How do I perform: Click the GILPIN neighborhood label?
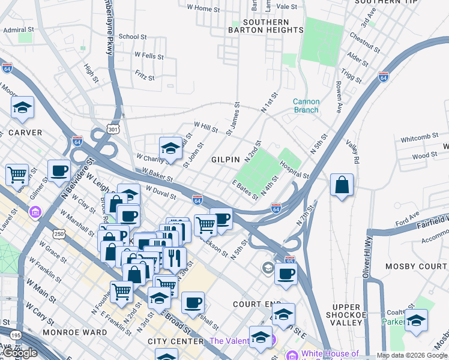coord(226,160)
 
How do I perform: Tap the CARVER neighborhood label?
coord(25,133)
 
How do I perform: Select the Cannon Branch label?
coord(306,106)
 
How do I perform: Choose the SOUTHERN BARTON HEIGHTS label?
coord(266,26)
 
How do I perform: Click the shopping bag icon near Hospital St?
coord(342,185)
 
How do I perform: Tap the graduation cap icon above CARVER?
coord(22,108)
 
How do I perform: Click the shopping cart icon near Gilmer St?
coord(17,175)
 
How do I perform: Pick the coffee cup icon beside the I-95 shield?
coord(286,274)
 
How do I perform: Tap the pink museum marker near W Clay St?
coord(35,212)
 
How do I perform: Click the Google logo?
coord(20,353)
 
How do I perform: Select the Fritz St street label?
coord(145,76)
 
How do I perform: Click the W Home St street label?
coord(203,8)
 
